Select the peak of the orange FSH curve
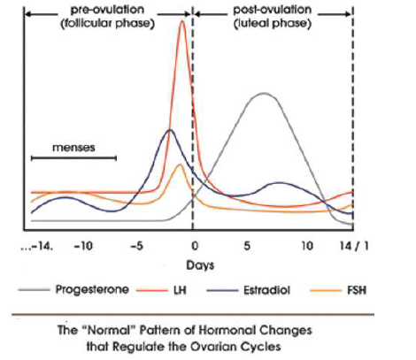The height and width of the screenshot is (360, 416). point(180,165)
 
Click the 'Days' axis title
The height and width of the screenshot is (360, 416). point(195,264)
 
